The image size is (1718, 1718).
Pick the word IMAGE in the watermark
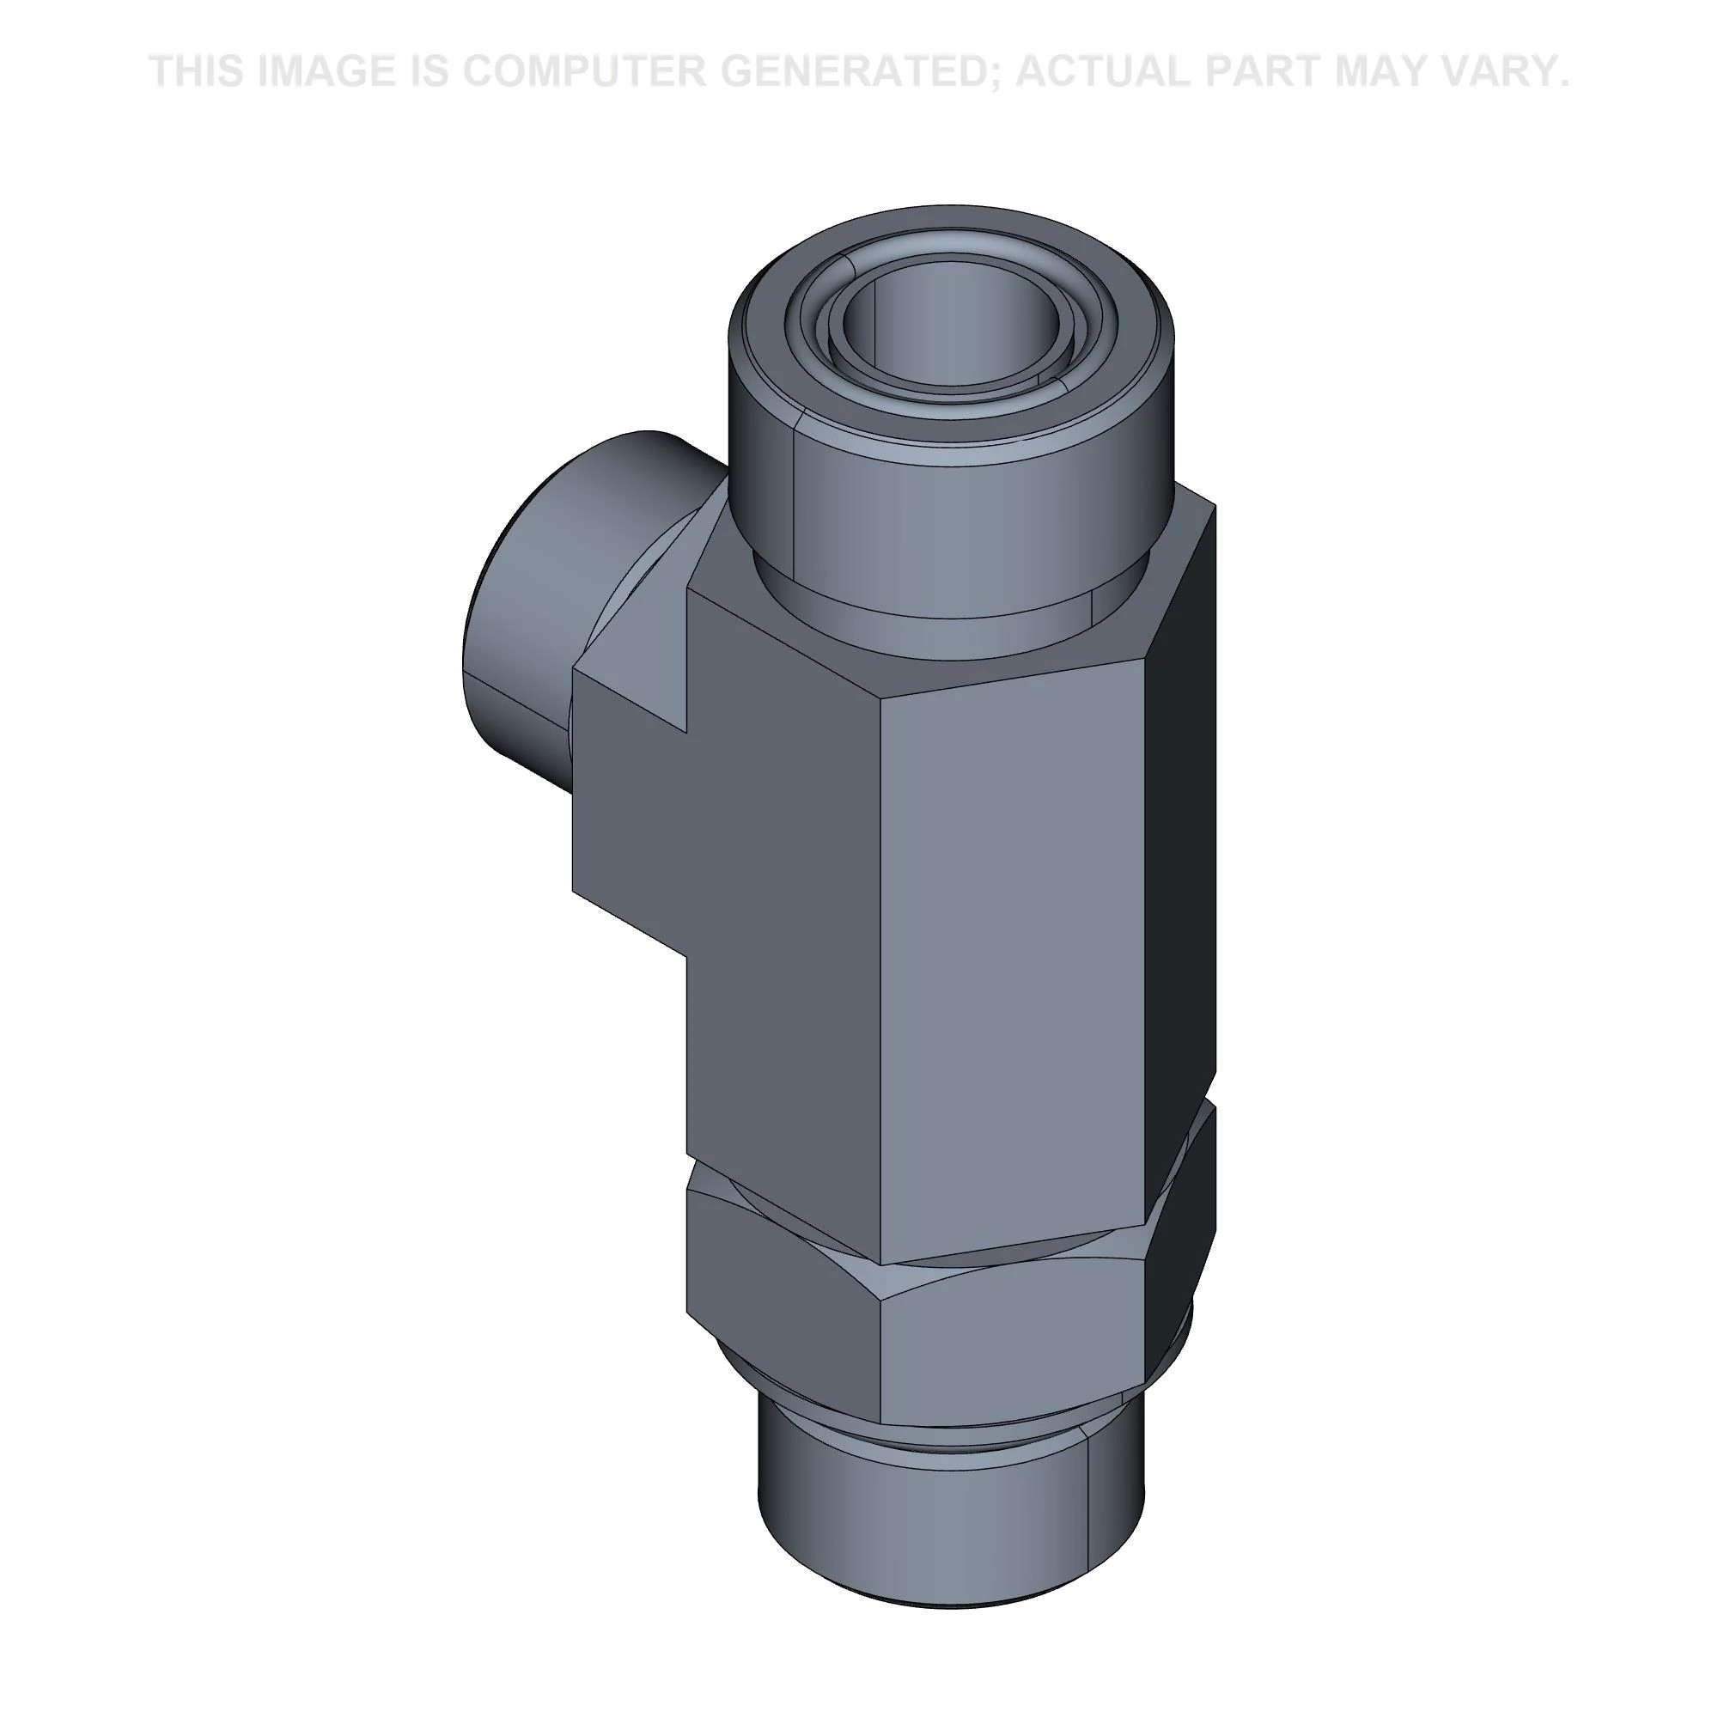pyautogui.click(x=326, y=71)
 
